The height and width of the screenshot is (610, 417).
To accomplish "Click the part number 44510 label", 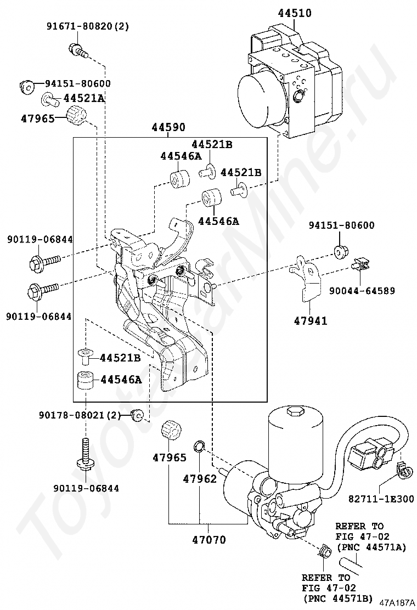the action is [295, 13].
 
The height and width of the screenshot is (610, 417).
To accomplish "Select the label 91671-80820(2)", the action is [88, 26].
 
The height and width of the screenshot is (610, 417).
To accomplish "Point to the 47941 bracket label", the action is [310, 320].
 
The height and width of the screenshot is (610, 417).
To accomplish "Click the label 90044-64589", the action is [362, 291].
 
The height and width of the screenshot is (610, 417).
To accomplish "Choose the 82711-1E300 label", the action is [381, 498].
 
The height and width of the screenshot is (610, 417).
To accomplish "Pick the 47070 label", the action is [209, 540].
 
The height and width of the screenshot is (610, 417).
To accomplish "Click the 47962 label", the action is [200, 478].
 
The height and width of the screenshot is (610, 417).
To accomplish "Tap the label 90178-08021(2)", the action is [80, 415].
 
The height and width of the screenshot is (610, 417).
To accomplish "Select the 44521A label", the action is [84, 98].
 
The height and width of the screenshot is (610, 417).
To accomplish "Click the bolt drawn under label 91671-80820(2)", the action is [78, 50].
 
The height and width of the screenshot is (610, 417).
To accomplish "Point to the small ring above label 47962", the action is [199, 446].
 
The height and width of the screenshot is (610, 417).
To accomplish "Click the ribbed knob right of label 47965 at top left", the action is [76, 116].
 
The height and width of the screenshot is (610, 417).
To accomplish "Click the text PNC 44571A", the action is [372, 547].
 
